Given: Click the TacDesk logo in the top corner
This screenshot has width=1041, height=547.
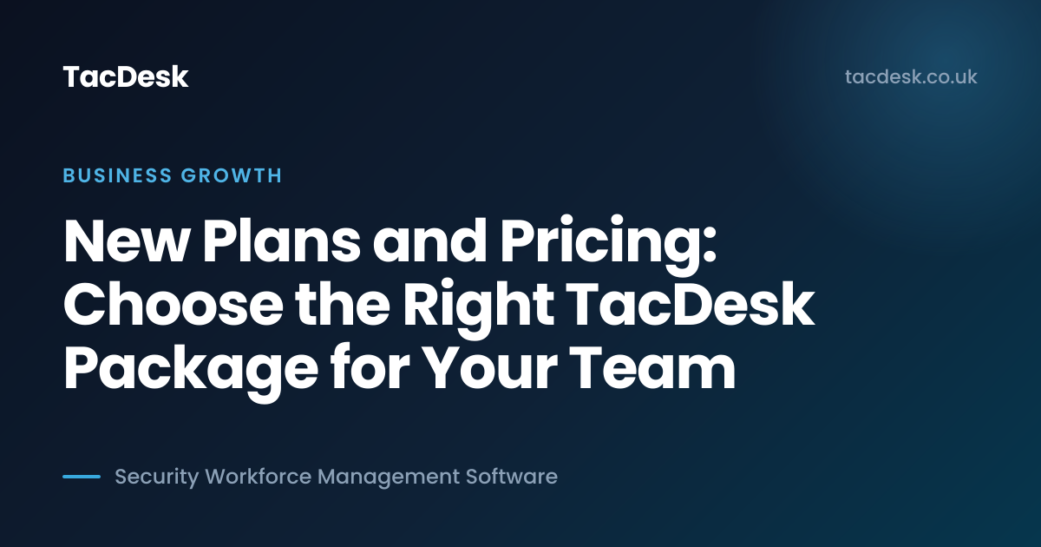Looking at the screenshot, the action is coord(126,76).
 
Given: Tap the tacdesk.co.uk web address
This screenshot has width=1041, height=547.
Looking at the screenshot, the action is coord(911,76).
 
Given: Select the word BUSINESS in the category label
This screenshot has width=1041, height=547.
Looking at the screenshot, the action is coord(118,175).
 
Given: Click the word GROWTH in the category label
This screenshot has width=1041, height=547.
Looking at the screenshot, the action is coord(232,175).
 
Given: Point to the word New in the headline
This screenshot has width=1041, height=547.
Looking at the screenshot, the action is coord(126,242).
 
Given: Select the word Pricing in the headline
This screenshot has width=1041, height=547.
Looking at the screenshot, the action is coord(600,246).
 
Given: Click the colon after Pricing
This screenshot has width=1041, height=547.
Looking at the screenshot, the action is coord(710,247).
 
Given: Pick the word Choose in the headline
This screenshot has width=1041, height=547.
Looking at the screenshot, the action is coord(173,304).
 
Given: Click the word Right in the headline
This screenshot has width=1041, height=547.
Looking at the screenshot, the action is coord(478,308).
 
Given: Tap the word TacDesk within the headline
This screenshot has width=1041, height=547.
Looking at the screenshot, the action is coord(691,303).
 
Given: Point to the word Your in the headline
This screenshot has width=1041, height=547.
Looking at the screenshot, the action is coord(490,367).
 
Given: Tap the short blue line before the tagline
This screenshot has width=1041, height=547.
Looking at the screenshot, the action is coord(82,477).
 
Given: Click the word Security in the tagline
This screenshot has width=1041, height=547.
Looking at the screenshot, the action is coord(157,478).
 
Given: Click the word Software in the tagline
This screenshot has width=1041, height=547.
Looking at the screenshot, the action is coord(512,477).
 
